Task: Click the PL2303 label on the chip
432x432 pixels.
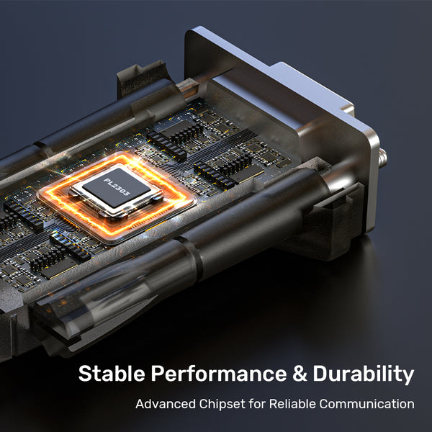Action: tap(117, 186)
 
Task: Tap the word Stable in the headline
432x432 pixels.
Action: tap(112, 373)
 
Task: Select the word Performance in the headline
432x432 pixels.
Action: tap(219, 373)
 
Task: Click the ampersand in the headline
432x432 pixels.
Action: tap(300, 373)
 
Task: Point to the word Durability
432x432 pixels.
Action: tap(364, 374)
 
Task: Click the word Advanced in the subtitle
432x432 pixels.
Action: tap(166, 404)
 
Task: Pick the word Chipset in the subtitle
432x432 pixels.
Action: tap(222, 405)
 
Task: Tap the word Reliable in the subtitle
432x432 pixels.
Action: tap(292, 404)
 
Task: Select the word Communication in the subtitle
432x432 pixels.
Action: tap(366, 404)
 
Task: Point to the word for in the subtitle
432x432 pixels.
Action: tap(257, 404)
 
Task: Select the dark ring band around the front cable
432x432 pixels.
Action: tap(192, 258)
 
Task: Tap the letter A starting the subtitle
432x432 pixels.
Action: tap(141, 404)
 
